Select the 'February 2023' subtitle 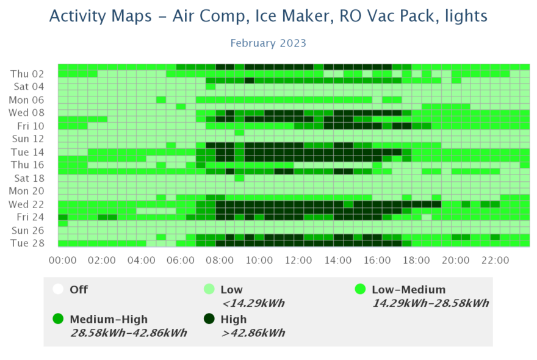[268, 43]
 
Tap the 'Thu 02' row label [27, 74]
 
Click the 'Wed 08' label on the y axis [26, 113]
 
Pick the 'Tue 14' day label [27, 152]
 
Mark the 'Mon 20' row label [27, 191]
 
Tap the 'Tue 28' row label [27, 243]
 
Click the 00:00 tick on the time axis [62, 261]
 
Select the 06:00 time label [181, 261]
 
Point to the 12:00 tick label [298, 261]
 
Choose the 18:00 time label [416, 261]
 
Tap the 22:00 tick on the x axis [495, 261]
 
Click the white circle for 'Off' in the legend [59, 289]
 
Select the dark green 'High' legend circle [209, 319]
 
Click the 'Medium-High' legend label [109, 319]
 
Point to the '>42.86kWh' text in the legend [253, 333]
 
